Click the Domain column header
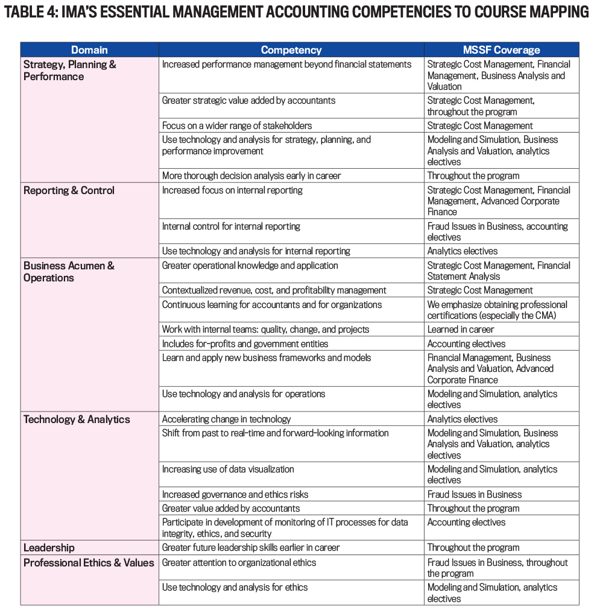89,50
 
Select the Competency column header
291,50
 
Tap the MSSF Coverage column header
501,50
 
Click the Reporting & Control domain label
69,190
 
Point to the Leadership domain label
49,548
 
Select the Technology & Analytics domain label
77,419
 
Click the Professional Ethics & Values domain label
89,563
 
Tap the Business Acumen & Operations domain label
69,272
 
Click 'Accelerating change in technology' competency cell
226,419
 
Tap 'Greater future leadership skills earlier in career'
251,548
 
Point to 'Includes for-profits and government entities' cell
245,344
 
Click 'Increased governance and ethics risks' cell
235,494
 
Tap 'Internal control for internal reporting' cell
231,227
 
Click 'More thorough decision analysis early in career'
251,176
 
